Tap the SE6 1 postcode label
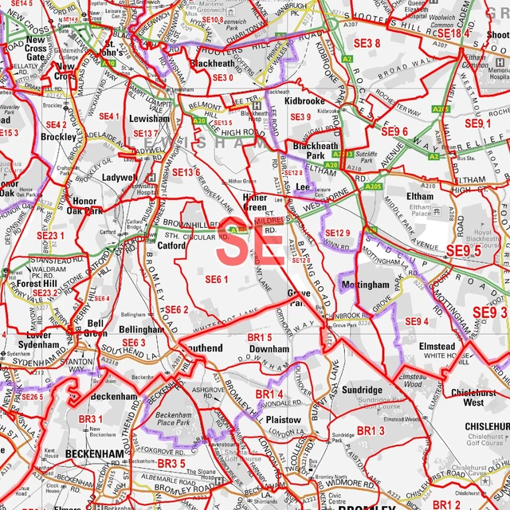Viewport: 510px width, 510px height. tap(216, 279)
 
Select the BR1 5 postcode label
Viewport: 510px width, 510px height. tap(260, 338)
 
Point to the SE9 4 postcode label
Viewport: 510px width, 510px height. tap(416, 321)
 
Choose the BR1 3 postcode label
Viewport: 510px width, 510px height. tap(370, 430)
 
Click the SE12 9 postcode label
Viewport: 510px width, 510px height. tap(337, 233)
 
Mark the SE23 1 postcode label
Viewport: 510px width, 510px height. tap(51, 236)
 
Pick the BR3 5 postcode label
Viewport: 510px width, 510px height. tap(171, 463)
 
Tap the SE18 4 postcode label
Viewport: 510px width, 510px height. tap(454, 33)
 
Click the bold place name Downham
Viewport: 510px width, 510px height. tap(263, 349)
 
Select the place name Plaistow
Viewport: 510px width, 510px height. tap(284, 419)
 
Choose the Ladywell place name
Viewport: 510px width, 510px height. tap(119, 177)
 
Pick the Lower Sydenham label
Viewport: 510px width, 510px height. tap(37, 340)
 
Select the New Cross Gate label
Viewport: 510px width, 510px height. tap(36, 48)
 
